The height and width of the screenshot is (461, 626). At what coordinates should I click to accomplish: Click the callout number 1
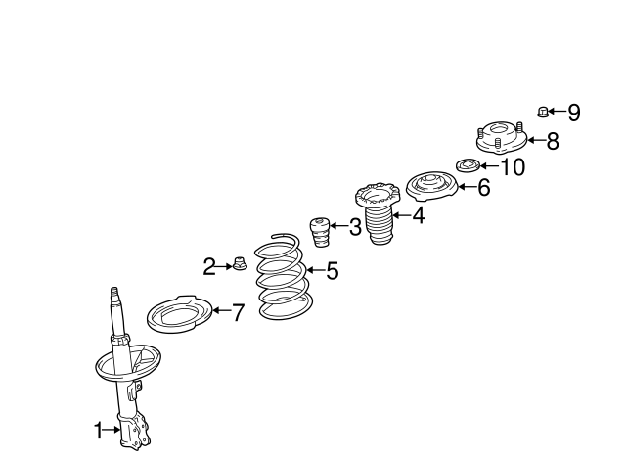pyautogui.click(x=98, y=431)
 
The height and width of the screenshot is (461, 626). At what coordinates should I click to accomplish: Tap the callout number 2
pyautogui.click(x=209, y=267)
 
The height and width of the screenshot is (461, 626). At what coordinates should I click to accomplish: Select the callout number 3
pyautogui.click(x=355, y=227)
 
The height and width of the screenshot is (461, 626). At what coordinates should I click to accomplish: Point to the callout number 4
pyautogui.click(x=418, y=215)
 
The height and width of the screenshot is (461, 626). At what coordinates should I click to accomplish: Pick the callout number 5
pyautogui.click(x=333, y=271)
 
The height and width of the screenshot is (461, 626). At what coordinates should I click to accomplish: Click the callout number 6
pyautogui.click(x=484, y=187)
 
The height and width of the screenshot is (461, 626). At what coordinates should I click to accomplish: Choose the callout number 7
pyautogui.click(x=238, y=312)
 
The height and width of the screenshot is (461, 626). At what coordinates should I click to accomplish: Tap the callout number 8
pyautogui.click(x=553, y=141)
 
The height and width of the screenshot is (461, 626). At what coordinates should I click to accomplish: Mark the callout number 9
pyautogui.click(x=574, y=113)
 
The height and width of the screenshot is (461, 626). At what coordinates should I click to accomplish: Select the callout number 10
pyautogui.click(x=513, y=167)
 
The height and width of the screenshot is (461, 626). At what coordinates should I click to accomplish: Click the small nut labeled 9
pyautogui.click(x=542, y=112)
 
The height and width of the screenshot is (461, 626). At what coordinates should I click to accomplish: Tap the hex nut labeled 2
pyautogui.click(x=239, y=263)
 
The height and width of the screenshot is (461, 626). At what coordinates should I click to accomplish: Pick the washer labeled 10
pyautogui.click(x=468, y=165)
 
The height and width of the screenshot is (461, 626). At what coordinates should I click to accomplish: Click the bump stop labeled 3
pyautogui.click(x=320, y=232)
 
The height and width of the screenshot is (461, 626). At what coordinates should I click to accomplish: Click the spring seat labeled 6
pyautogui.click(x=431, y=186)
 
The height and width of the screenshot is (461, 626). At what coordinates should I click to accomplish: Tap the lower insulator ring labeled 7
pyautogui.click(x=179, y=315)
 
